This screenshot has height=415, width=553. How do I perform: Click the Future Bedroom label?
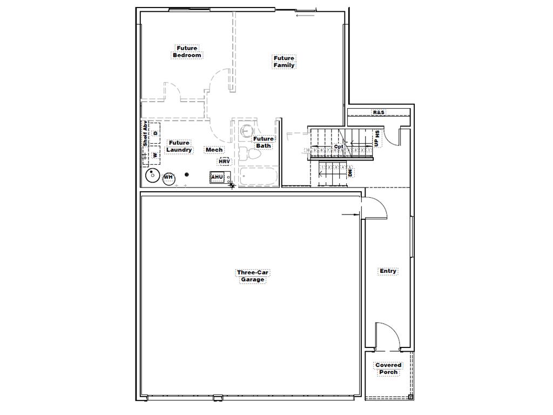coord(187,52)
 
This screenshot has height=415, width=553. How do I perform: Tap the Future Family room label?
coord(284,62)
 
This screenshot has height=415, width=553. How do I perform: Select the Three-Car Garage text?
coord(252,276)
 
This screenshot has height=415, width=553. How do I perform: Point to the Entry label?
coord(388,271)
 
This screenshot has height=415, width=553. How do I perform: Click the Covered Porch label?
coord(388,369)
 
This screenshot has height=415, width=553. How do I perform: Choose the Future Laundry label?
coord(179,146)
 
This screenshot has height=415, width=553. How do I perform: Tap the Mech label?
coord(214,150)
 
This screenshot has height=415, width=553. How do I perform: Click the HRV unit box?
coord(224,162)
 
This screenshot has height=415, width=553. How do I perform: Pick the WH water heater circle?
coord(168,177)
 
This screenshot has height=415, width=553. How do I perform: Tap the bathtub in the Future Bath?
coord(259,177)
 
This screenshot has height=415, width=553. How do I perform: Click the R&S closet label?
coord(379,112)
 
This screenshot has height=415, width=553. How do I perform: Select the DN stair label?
coord(350,172)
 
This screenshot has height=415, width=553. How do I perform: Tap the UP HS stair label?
coord(376,139)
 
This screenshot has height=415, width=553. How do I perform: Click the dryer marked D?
coord(156,132)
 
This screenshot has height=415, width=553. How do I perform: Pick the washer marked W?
coord(156,155)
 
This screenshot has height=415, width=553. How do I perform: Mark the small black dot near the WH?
coord(187,175)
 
